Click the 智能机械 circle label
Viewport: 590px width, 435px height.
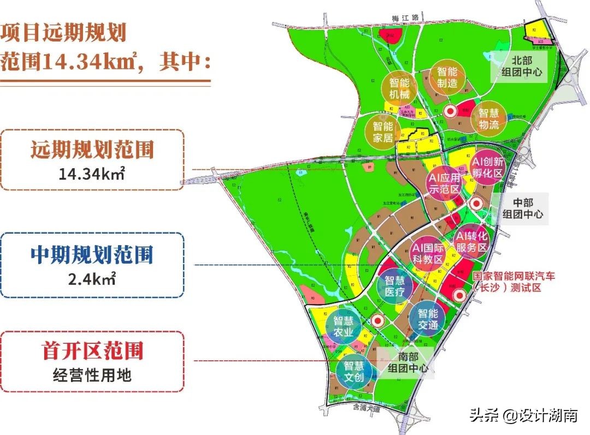[399, 88]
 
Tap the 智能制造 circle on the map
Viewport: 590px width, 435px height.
[447, 77]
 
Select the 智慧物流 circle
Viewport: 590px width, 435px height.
[489, 119]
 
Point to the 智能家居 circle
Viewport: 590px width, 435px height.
[383, 132]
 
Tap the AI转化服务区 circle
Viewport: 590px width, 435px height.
[471, 241]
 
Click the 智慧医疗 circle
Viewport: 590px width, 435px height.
[394, 286]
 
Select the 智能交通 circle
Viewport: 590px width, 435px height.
[428, 319]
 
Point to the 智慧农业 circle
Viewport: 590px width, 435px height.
[344, 327]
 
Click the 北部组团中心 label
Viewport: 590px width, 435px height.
[521, 66]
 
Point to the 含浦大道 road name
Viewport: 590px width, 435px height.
[363, 407]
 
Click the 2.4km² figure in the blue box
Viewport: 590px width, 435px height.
[92, 279]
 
